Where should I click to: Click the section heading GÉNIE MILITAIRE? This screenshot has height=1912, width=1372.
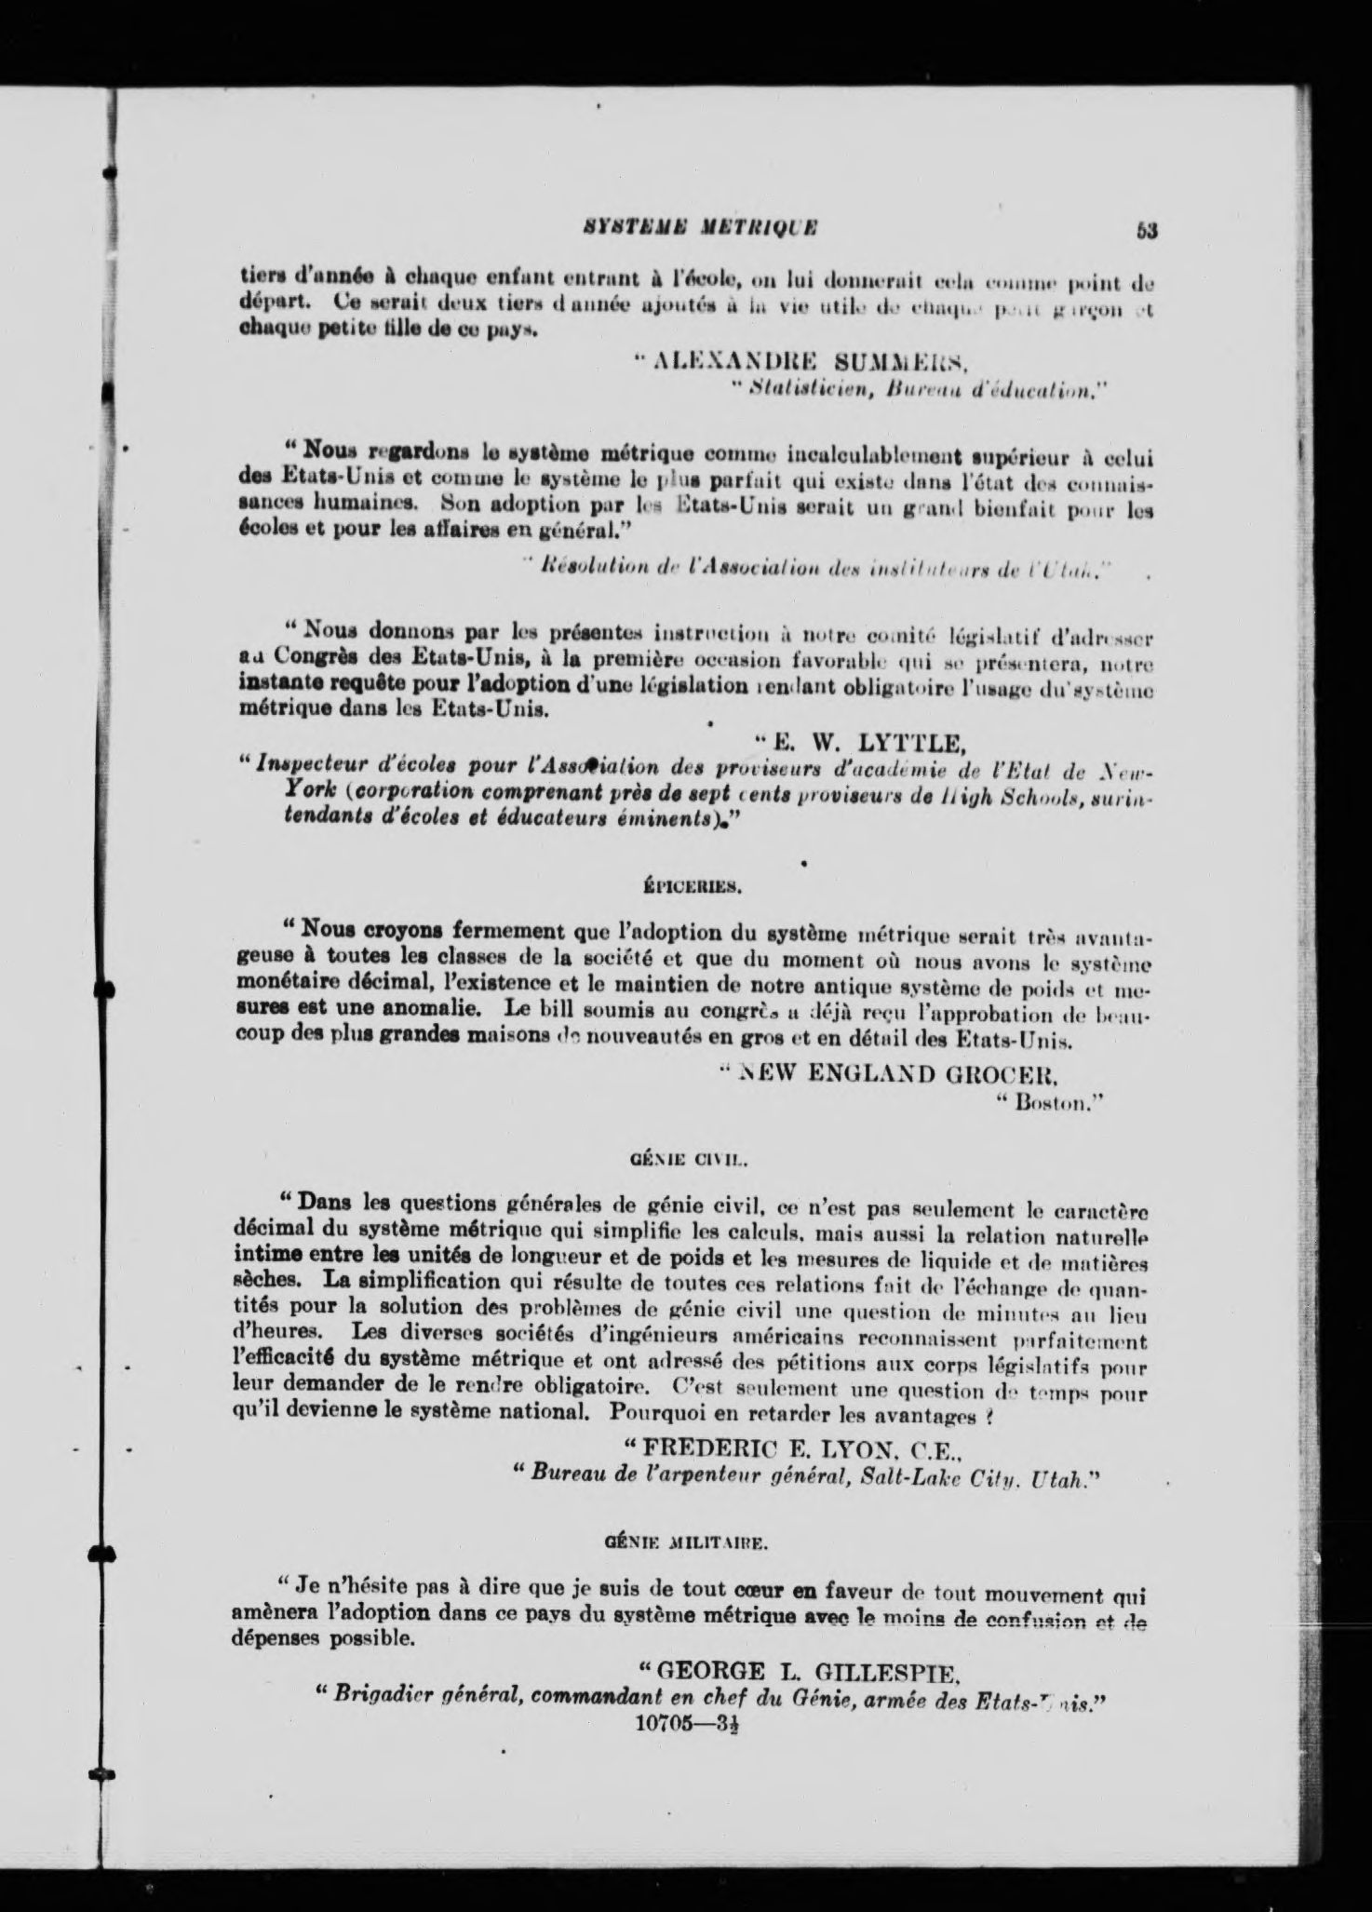tap(685, 1541)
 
